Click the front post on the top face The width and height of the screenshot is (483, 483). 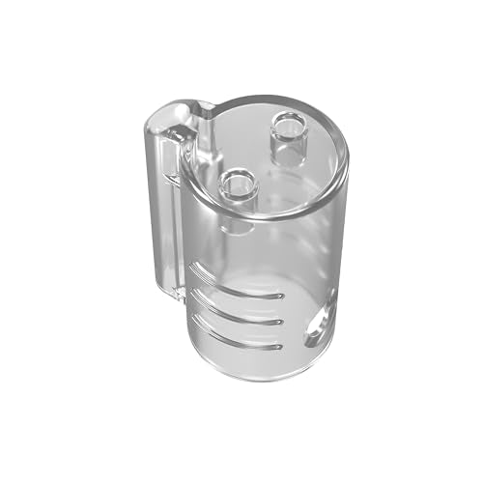238,192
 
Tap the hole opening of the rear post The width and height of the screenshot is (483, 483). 289,122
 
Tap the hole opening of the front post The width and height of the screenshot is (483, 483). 238,180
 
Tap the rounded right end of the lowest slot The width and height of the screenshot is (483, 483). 280,345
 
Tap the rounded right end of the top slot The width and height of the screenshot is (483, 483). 280,294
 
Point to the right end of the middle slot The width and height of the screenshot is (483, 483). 280,320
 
